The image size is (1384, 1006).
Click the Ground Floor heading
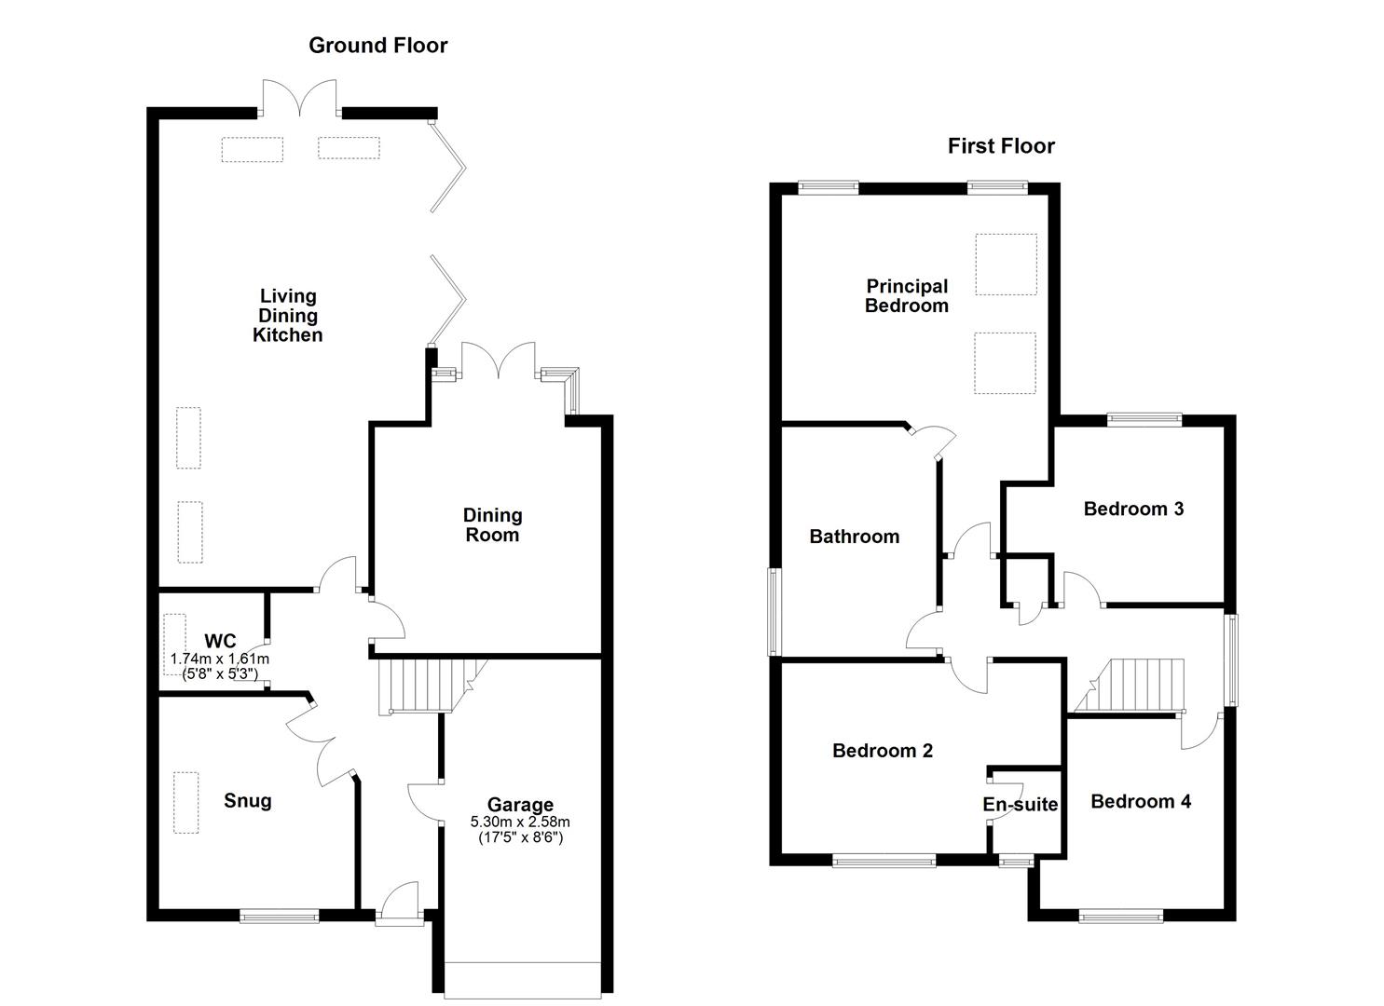point(377,46)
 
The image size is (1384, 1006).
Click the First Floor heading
point(1001,146)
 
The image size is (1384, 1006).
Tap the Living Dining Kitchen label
point(287,316)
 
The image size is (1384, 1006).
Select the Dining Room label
point(492,524)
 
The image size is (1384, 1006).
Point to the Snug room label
point(248,801)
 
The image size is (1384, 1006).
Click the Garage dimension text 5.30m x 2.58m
point(520,822)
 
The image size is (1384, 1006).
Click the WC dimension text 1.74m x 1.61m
point(220,659)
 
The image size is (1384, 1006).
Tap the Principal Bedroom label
point(906,296)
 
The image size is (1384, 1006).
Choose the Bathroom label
point(854,537)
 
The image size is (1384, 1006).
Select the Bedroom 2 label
point(883,751)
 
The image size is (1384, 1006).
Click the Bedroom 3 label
point(1133,509)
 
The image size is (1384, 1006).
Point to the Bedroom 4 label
point(1141,801)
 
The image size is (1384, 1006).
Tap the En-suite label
point(1021,805)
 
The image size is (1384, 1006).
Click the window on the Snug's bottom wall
point(280,917)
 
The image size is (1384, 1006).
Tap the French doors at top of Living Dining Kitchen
point(299,99)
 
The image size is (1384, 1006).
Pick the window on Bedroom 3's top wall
point(1144,419)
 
